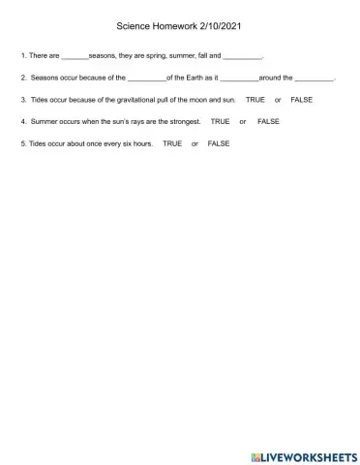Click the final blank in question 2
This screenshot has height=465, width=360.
(x=314, y=77)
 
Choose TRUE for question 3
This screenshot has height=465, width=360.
(x=255, y=100)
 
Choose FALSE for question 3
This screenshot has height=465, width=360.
(x=302, y=100)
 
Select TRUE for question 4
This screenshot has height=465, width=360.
(x=220, y=121)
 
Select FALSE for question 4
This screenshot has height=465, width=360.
(x=268, y=121)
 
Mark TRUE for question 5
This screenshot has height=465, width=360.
(x=172, y=143)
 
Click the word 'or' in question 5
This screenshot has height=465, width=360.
(x=195, y=143)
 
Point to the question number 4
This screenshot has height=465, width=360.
(x=22, y=121)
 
